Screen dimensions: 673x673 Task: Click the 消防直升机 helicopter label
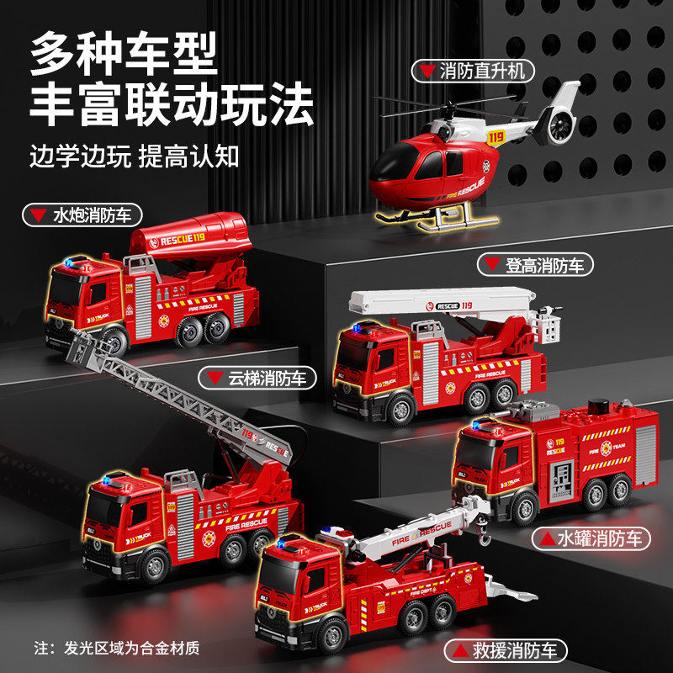(x=473, y=70)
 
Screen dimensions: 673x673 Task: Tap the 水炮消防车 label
(x=82, y=215)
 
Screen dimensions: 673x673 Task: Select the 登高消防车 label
(x=536, y=265)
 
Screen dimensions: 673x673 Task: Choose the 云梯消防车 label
(x=257, y=378)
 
